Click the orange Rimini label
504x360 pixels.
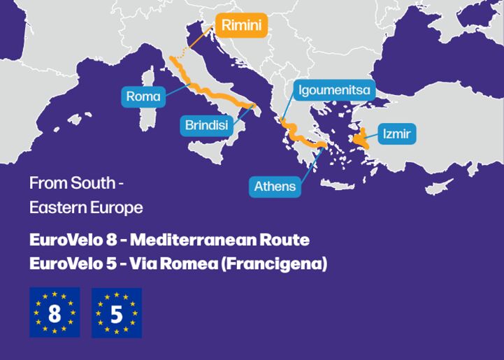pos(241,26)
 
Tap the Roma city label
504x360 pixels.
pos(143,96)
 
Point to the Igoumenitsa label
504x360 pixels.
pos(334,89)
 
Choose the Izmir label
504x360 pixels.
pos(396,134)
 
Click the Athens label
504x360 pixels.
pos(275,187)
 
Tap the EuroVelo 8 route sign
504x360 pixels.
pos(55,312)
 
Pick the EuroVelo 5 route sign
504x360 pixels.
pos(117,312)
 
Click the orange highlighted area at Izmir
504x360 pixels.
pos(362,139)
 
